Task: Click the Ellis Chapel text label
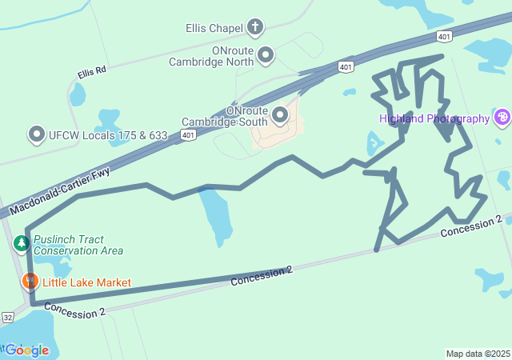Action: coord(213,29)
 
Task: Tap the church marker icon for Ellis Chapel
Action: coord(255,28)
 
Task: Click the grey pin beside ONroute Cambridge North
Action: coord(266,55)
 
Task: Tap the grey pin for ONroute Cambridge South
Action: coord(280,115)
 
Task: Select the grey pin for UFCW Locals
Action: coord(36,135)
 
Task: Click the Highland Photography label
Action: coord(434,118)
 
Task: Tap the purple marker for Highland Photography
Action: coord(502,118)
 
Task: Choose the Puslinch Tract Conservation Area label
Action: coord(78,245)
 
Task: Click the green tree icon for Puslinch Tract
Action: coord(22,242)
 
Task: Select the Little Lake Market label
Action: coord(86,282)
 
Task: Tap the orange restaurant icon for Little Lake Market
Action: coord(30,282)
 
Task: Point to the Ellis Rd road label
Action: coord(92,73)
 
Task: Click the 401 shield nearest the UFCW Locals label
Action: coord(187,135)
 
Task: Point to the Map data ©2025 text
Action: coord(478,354)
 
